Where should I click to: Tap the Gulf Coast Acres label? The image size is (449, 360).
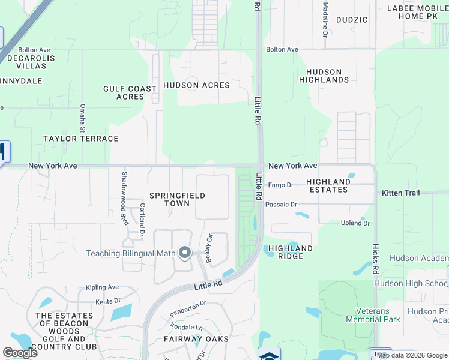130,92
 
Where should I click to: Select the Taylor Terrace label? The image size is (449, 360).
80,139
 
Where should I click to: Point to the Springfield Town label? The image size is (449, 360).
177,199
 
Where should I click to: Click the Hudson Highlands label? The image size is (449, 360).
324,76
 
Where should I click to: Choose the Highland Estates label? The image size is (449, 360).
328,185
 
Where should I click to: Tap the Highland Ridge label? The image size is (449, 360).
290,252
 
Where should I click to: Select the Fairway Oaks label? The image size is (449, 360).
196,339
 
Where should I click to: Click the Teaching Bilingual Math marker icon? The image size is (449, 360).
185,253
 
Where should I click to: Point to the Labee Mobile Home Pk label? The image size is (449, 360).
414,12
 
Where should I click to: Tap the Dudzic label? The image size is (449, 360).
352,20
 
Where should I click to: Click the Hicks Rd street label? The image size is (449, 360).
375,255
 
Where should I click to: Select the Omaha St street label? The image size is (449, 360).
83,117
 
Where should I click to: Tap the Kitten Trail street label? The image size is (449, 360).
400,193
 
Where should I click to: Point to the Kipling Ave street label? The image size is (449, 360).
102,287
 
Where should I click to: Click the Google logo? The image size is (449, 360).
20,352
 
